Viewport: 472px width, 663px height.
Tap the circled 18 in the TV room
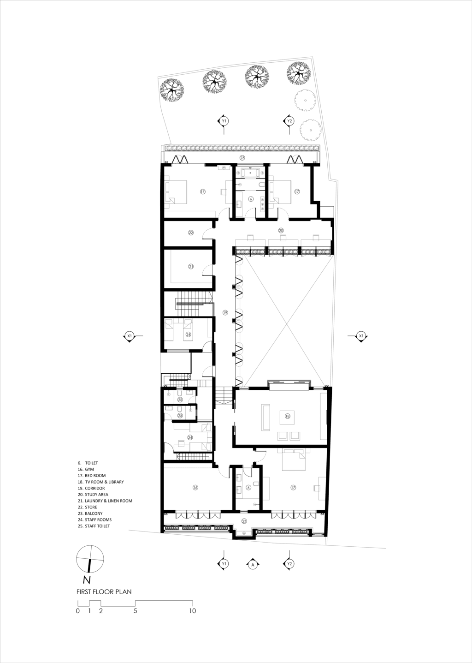click(x=287, y=416)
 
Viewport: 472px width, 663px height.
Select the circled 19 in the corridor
click(x=225, y=312)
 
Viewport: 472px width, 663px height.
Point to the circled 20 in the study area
click(x=281, y=230)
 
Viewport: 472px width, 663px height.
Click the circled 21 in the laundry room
click(x=191, y=266)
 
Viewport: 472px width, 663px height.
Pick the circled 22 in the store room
click(x=191, y=233)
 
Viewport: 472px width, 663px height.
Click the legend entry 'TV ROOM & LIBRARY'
click(x=104, y=482)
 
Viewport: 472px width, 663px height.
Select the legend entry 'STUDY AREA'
click(x=96, y=495)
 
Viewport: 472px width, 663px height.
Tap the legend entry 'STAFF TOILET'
click(x=97, y=526)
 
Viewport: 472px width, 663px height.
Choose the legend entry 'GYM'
click(x=89, y=469)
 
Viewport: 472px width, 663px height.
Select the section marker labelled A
click(x=253, y=564)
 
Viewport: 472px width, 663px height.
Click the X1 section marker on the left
click(x=130, y=336)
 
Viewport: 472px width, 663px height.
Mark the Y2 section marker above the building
click(x=289, y=121)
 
